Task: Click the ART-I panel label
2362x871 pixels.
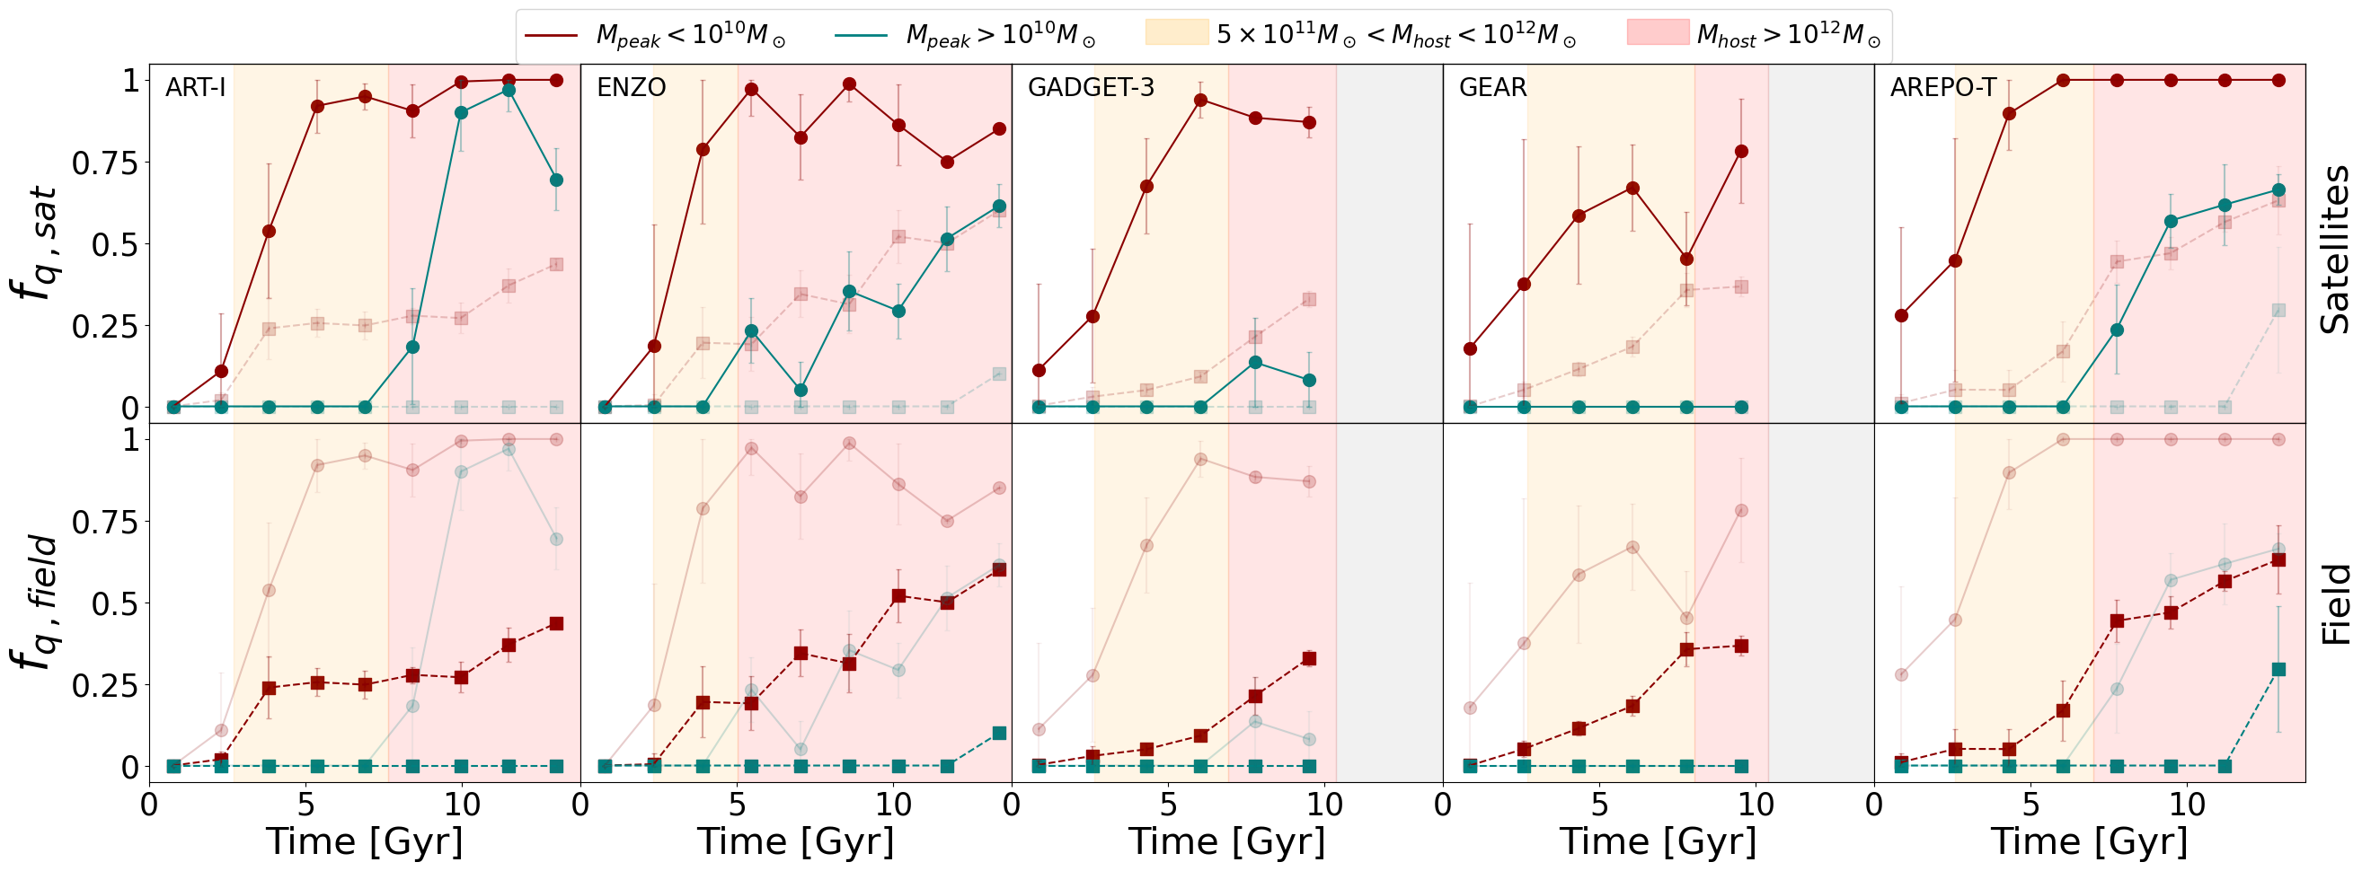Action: (x=195, y=88)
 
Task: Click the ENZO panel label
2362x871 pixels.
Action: (x=631, y=88)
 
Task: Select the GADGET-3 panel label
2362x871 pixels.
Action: (x=1090, y=88)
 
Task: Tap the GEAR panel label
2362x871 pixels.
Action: (x=1491, y=88)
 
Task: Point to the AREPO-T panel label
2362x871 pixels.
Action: (x=1943, y=88)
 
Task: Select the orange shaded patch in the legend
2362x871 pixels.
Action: (x=1176, y=34)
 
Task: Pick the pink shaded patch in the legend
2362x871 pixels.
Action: (x=1657, y=34)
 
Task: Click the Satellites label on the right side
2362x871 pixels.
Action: (x=2334, y=249)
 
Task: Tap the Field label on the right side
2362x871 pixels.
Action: (x=2334, y=604)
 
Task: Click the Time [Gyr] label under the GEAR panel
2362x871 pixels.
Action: (x=1658, y=840)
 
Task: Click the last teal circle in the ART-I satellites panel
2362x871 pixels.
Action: (x=555, y=180)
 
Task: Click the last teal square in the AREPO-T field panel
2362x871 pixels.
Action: (x=2278, y=669)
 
